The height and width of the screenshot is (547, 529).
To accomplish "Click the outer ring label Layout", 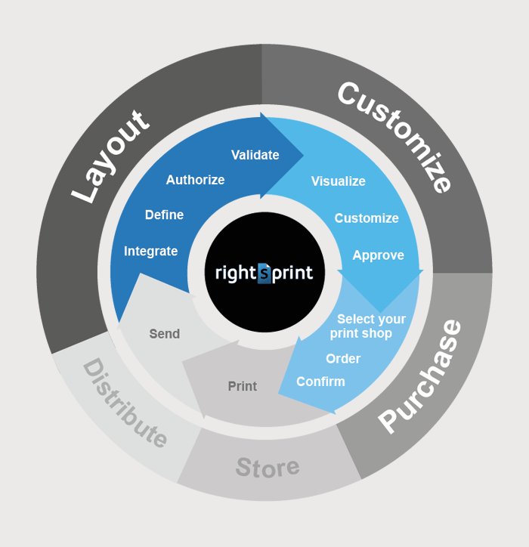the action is tap(110, 157).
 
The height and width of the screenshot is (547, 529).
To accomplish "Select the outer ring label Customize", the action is tap(395, 136).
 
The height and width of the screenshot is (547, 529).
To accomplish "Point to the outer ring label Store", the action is tap(268, 468).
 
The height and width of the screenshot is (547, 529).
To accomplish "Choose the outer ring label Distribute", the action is tap(125, 403).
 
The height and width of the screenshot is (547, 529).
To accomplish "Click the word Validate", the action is tap(255, 155).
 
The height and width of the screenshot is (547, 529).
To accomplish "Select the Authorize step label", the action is tap(196, 180).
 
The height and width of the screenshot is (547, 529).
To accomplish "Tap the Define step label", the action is tap(164, 215).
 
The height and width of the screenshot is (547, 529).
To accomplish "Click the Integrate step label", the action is tap(150, 252).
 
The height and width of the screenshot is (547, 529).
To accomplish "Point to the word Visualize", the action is tap(339, 181).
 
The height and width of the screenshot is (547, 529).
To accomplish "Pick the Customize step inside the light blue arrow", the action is tap(367, 218).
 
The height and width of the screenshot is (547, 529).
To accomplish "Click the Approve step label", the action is tap(379, 255).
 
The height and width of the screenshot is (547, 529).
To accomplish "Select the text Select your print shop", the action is tap(368, 326).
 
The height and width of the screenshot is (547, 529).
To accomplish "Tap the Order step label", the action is tap(343, 359).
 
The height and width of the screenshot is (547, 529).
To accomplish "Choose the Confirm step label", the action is tap(320, 382).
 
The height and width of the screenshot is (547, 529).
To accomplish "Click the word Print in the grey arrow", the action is tap(243, 386).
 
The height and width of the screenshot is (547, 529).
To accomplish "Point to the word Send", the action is tap(165, 334).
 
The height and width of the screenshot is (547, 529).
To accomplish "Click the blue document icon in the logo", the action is tap(264, 273).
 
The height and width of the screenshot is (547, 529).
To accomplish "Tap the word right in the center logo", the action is tap(237, 273).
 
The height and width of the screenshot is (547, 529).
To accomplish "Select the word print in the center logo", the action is tap(292, 273).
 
